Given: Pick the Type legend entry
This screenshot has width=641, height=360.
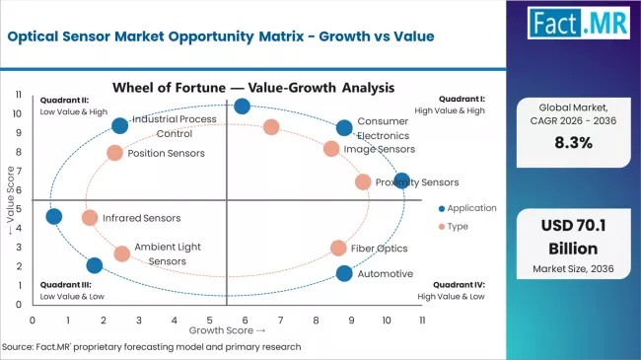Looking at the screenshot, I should coord(458,226).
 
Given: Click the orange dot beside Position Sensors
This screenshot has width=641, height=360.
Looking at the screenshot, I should coord(115,153).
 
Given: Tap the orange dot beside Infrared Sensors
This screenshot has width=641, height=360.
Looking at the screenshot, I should coord(90,218).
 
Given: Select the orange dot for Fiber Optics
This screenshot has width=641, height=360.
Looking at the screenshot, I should coord(338,249).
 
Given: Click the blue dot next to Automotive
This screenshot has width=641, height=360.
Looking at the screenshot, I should coord(344,273).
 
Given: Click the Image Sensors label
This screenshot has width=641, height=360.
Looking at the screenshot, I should coord(380,149).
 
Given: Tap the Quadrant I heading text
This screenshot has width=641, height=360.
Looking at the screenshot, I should coord(463,100).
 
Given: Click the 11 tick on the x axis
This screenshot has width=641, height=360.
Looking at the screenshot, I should coord(422,321).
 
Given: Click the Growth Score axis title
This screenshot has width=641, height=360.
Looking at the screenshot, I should coord(228,330).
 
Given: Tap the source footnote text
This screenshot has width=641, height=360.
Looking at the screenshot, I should coord(153,347).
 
